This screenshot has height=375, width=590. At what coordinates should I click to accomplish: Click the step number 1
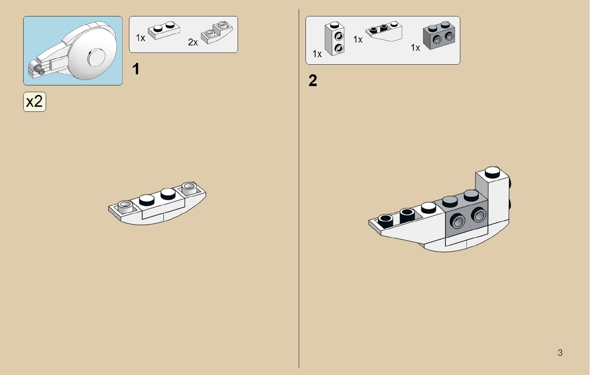tap(136, 69)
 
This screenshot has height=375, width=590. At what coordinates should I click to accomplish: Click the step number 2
tap(313, 81)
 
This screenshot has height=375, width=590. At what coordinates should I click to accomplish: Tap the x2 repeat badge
tap(35, 102)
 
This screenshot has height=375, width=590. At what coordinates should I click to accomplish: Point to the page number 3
tap(560, 353)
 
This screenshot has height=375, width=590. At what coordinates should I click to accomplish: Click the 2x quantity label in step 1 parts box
tap(193, 42)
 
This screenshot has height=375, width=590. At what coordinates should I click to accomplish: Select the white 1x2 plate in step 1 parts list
tap(164, 31)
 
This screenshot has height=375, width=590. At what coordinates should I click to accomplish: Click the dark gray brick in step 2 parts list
tap(439, 36)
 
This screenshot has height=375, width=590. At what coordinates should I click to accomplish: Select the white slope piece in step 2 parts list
tap(384, 31)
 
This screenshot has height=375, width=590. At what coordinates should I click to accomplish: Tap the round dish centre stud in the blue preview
tap(97, 57)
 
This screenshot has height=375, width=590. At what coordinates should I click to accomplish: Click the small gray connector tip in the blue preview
tap(36, 68)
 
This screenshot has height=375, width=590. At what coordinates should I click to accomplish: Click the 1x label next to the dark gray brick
tap(415, 48)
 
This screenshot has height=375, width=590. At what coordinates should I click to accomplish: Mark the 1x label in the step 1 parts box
tap(140, 38)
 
